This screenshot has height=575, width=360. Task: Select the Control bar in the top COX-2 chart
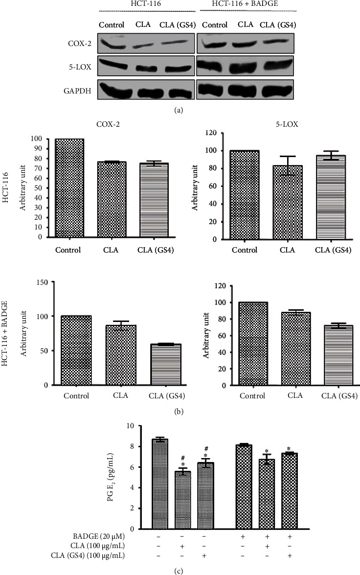[70, 188]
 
